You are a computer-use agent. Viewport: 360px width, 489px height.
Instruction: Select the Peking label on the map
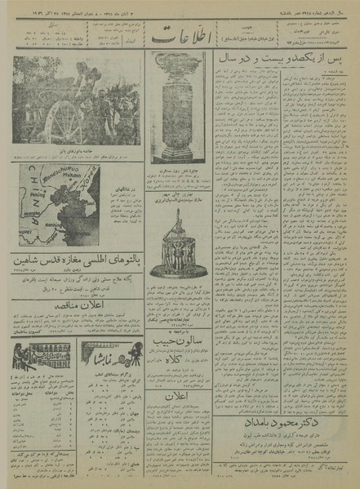point(37,196)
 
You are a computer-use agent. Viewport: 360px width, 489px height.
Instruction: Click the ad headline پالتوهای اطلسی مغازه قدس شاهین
point(73,263)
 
